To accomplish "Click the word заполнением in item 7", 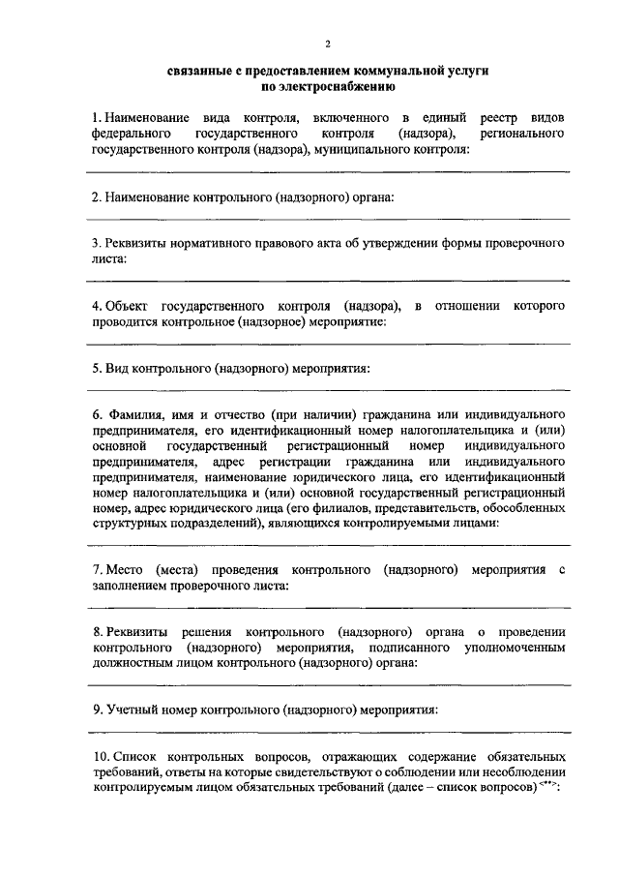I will [131, 585].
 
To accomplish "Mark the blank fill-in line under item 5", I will [329, 389].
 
